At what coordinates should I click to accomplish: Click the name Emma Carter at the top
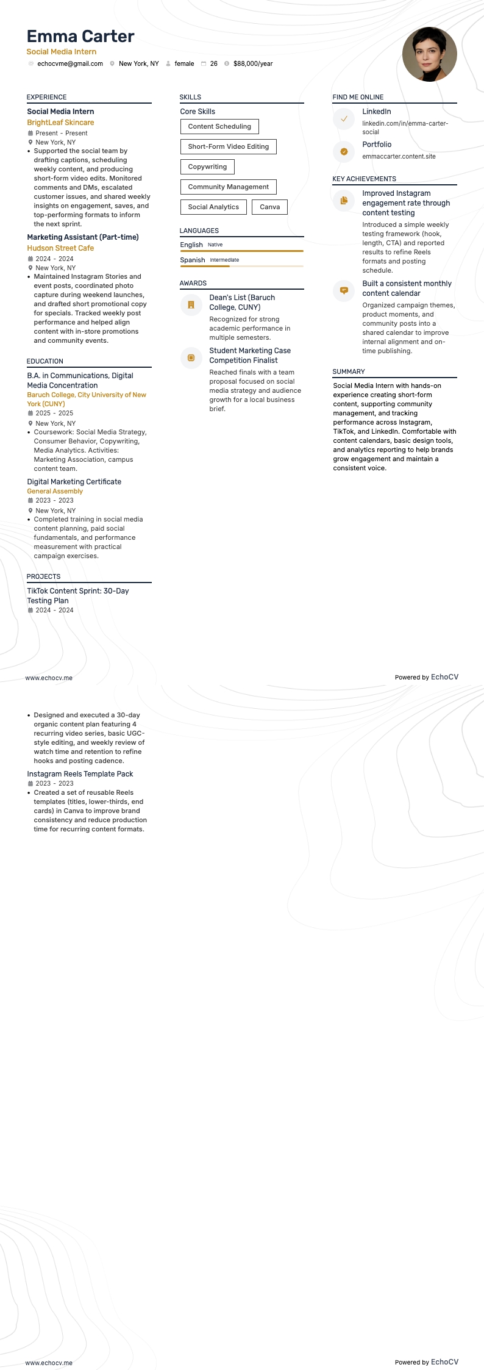(x=80, y=37)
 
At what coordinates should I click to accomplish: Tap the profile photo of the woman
(x=429, y=54)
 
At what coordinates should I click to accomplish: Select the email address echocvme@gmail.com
(x=70, y=63)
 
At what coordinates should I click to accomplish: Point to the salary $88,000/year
(x=253, y=63)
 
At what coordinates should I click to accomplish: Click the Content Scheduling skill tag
(x=219, y=126)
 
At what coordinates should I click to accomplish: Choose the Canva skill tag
(x=269, y=207)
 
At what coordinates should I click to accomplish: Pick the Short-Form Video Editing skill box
(x=228, y=146)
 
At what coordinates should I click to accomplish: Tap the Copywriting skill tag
(x=207, y=167)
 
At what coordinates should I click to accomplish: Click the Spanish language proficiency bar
(x=241, y=266)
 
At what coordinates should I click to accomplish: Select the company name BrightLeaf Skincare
(x=60, y=123)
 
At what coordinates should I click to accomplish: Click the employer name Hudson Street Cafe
(x=60, y=248)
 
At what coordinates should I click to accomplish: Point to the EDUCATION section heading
(x=45, y=361)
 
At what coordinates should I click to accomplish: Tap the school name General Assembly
(x=55, y=491)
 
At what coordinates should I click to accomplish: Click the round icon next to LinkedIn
(x=344, y=119)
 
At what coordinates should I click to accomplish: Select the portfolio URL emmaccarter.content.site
(x=399, y=156)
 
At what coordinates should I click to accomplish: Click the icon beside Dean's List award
(x=191, y=304)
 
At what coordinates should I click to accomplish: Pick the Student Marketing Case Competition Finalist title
(x=250, y=356)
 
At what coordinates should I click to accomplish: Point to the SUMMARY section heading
(x=349, y=371)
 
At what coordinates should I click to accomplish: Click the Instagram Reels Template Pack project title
(x=80, y=774)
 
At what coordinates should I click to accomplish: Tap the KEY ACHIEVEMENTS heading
(x=364, y=179)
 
